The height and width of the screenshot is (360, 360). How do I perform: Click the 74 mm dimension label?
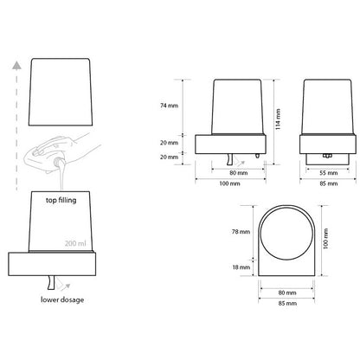169,106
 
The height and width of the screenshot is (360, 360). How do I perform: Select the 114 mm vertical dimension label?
278,119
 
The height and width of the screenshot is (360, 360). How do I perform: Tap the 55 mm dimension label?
329,173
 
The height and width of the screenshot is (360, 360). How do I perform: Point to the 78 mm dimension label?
241,232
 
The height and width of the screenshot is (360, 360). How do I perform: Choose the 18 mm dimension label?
241,267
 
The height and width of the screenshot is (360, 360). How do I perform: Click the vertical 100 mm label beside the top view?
325,239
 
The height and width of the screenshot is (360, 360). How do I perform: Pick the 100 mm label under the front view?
229,183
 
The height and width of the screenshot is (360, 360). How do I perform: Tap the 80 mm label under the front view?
239,173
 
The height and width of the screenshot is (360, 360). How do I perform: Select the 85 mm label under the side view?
329,183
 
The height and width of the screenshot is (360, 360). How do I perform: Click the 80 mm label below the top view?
287,292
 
